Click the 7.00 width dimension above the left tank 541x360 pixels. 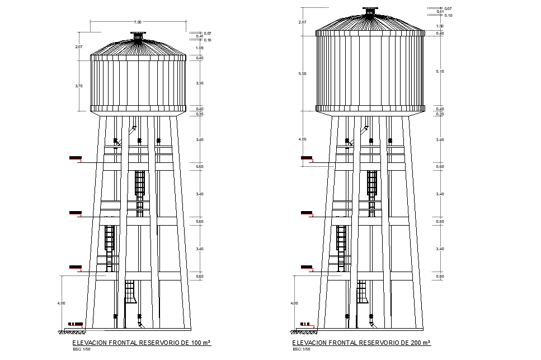coord(138,21)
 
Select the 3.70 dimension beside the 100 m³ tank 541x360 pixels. coord(79,86)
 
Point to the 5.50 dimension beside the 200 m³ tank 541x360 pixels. coord(303,74)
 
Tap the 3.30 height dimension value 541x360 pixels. coord(200,83)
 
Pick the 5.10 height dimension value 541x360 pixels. coord(440,71)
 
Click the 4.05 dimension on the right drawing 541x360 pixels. coord(303,139)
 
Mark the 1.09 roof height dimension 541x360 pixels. coord(200,48)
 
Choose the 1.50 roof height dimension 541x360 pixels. coord(440,26)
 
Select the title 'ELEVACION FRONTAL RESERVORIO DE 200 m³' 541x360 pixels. coord(361,342)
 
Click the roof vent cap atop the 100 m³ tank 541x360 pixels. coord(138,38)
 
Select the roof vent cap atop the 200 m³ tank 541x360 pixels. coord(370,11)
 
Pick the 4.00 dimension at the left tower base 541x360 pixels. coord(61,303)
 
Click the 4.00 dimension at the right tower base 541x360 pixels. coord(294,303)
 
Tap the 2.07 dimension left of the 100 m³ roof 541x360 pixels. coord(79,47)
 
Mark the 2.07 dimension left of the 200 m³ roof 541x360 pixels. coord(303,22)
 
